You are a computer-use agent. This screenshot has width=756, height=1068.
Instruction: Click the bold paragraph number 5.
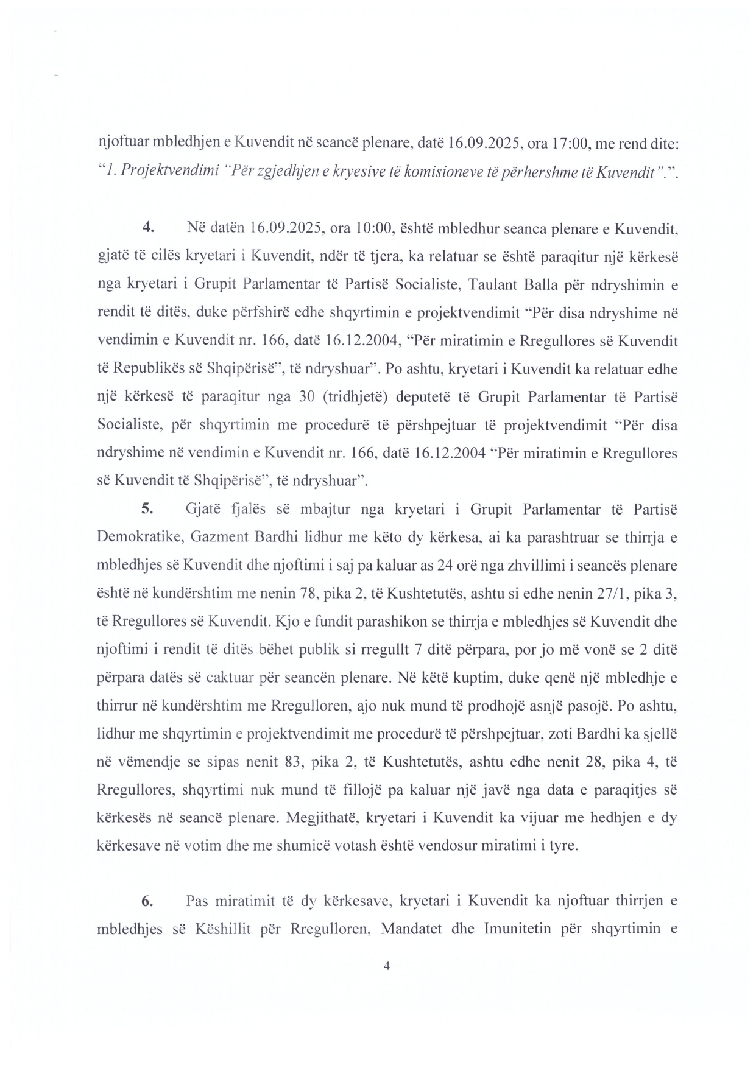[146, 509]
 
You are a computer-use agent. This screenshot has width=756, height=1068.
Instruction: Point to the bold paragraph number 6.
[146, 901]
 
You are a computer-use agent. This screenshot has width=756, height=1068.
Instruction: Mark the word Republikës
[148, 369]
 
